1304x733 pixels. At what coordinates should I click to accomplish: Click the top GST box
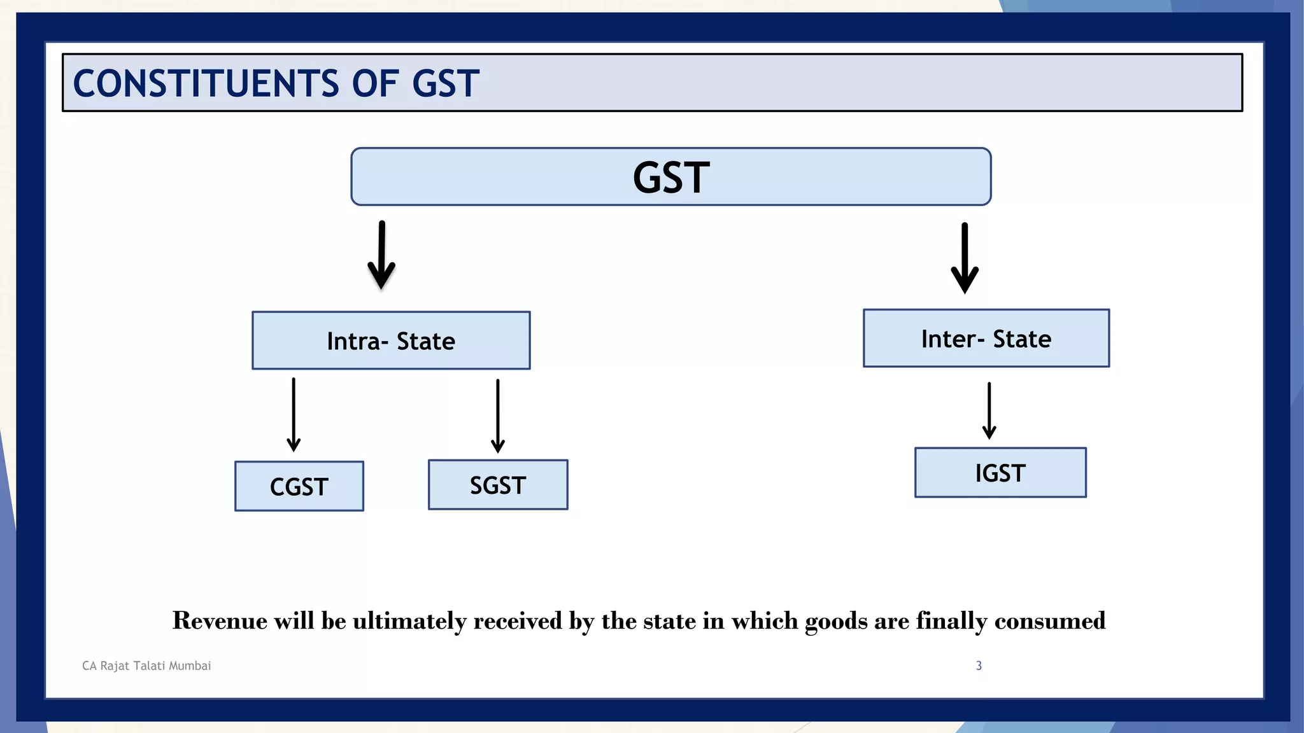pos(670,177)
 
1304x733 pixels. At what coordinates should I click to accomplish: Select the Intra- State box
pos(391,340)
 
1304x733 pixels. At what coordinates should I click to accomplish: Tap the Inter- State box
pos(986,339)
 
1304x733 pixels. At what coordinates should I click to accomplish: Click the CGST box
pos(299,486)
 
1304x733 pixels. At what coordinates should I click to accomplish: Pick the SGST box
pos(498,485)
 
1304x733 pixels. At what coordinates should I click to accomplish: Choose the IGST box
pos(1000,473)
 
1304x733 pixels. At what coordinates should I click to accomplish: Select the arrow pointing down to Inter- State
pos(965,258)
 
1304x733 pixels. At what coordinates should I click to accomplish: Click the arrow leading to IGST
pos(989,411)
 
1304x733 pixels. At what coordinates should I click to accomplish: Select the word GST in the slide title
pos(445,84)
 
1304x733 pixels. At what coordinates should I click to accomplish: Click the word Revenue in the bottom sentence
pos(220,620)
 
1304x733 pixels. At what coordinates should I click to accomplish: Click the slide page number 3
pos(979,666)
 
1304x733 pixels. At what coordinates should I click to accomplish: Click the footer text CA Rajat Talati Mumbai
pos(146,666)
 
